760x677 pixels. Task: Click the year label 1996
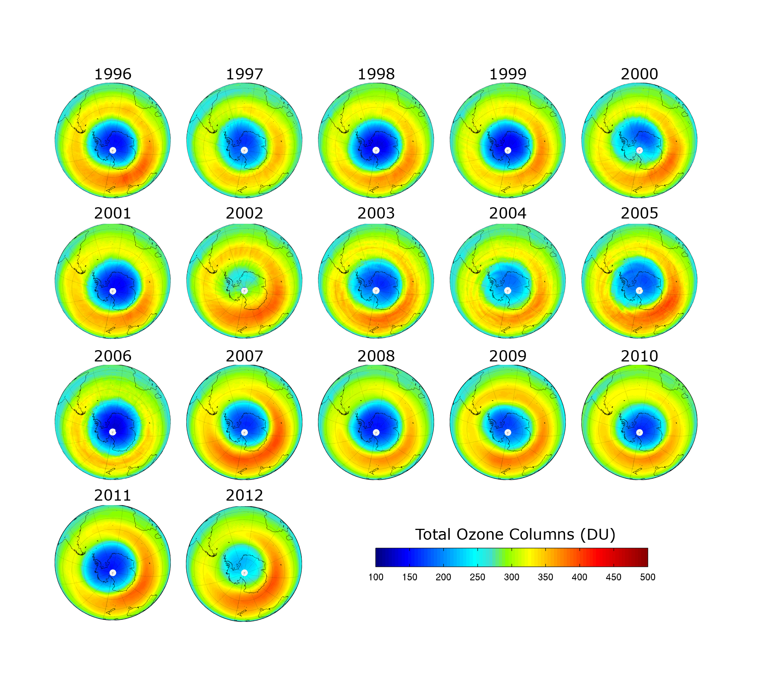[112, 74]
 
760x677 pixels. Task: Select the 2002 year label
[244, 213]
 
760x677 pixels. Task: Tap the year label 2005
[639, 213]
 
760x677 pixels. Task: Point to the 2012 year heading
[244, 495]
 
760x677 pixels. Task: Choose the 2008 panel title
[376, 356]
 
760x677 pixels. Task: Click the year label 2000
[639, 74]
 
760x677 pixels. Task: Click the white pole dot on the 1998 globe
[376, 150]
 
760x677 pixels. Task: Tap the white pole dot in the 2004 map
[508, 291]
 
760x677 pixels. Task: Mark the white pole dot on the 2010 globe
[639, 432]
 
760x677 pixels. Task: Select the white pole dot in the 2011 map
[112, 572]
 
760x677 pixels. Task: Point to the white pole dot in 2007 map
[244, 432]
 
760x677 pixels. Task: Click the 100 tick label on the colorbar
[375, 577]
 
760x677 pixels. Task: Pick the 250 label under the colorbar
[477, 577]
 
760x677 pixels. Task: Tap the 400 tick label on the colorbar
[579, 577]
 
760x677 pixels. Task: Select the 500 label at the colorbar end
[648, 577]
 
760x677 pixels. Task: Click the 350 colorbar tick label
[545, 577]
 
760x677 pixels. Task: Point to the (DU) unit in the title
[597, 534]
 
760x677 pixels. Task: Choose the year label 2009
[508, 356]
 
